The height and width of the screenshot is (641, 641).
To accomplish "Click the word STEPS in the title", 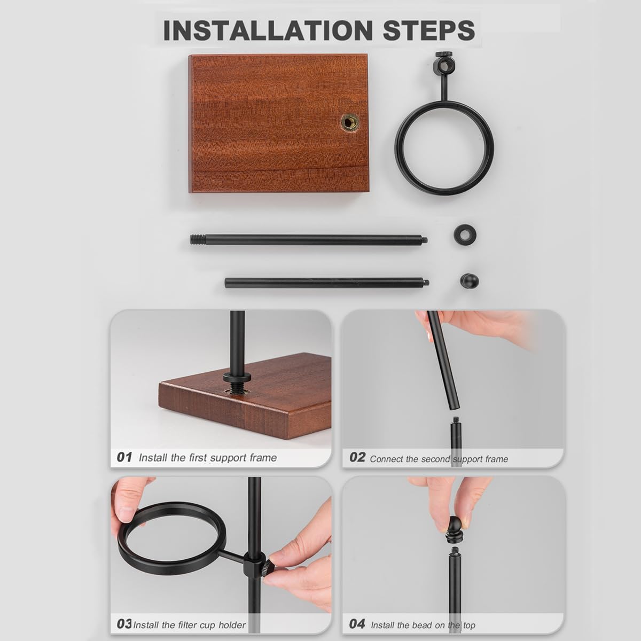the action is tap(429, 30).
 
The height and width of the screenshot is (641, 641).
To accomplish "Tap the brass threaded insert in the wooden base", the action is tap(350, 123).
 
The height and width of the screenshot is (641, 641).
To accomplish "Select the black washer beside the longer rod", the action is tap(465, 235).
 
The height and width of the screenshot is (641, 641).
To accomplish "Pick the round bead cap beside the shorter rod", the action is tap(470, 281).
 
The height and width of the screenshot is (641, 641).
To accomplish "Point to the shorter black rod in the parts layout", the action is tap(327, 283).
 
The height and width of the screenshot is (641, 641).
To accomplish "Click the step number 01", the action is tap(124, 457).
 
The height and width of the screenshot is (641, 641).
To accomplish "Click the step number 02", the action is tap(357, 457).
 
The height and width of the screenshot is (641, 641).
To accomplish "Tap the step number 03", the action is tap(124, 623).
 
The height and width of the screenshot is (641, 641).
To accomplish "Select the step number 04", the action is tap(357, 623).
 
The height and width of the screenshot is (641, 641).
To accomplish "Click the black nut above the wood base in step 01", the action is tap(237, 378).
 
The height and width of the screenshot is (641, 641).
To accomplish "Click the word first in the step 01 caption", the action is tap(198, 458).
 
